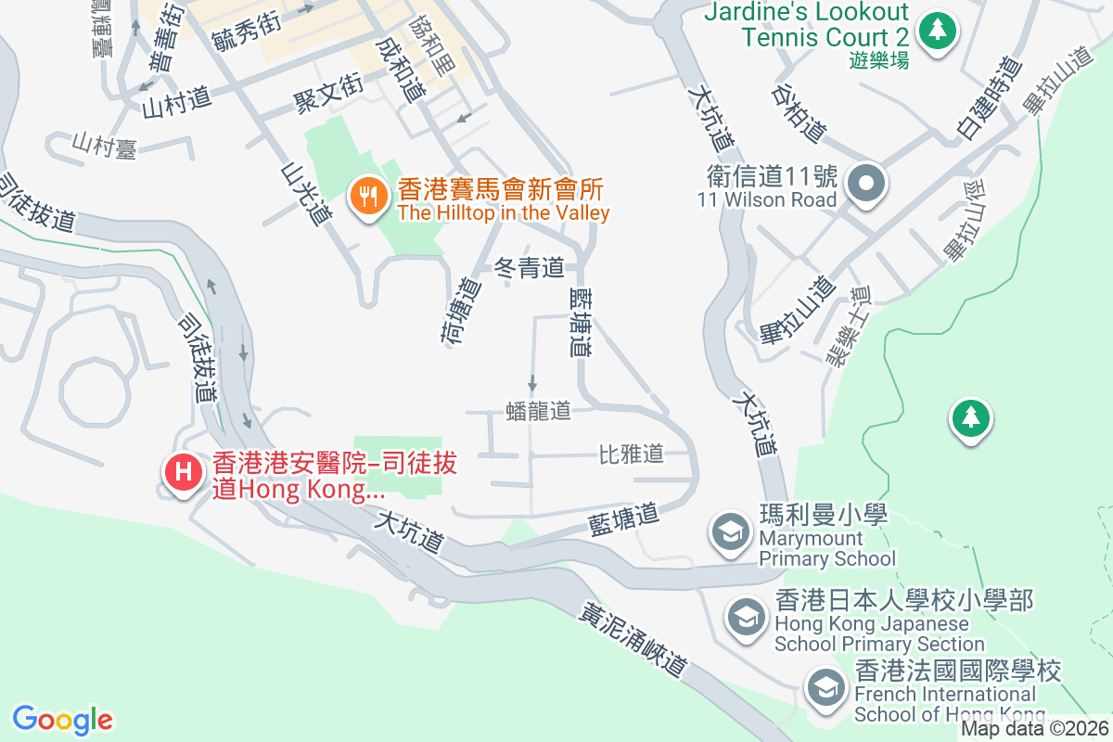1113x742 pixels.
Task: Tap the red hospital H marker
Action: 184,471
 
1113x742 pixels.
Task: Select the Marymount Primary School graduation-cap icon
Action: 730,531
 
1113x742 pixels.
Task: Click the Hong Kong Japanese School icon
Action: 745,616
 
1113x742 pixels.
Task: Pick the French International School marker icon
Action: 824,687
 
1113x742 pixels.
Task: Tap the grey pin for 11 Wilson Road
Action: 866,182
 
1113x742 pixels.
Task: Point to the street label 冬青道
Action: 530,269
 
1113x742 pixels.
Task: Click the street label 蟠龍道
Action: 539,411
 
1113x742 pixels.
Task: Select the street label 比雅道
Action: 632,454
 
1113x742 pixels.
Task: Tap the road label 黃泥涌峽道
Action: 634,640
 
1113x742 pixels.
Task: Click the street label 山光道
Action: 307,194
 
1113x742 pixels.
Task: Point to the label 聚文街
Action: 326,94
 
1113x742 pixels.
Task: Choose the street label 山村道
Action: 177,102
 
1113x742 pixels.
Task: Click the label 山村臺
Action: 106,146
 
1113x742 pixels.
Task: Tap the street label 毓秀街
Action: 246,31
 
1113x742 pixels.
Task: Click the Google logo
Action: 62,720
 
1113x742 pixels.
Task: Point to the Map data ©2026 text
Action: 1033,728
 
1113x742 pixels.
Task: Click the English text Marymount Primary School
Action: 827,548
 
